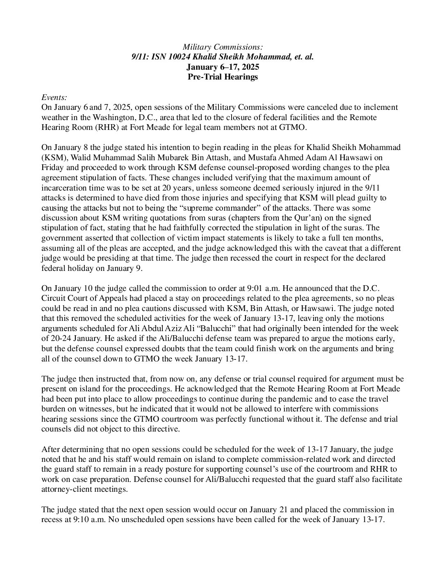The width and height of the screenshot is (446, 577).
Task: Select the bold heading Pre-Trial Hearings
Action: (x=223, y=77)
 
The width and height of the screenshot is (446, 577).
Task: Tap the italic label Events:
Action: (x=55, y=97)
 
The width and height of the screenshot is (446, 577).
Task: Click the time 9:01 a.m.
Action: (x=241, y=288)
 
